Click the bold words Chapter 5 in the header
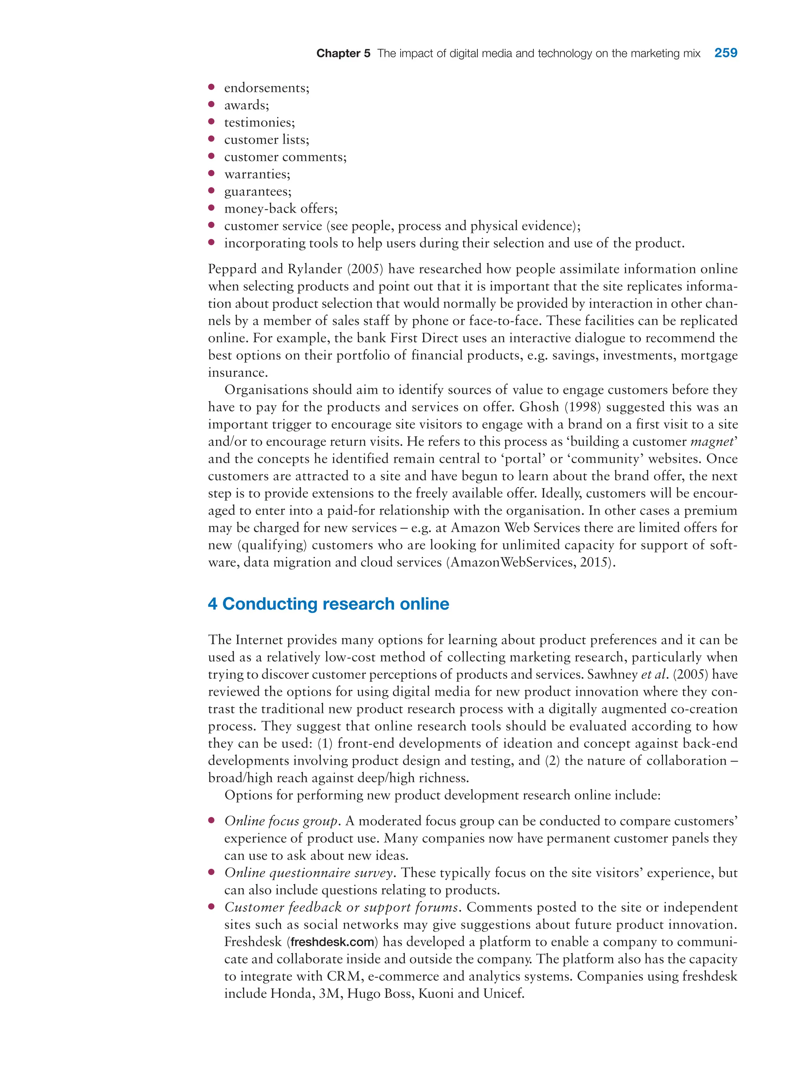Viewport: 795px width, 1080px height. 343,54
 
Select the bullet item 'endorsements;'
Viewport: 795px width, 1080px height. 267,88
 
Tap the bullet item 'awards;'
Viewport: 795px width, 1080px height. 246,105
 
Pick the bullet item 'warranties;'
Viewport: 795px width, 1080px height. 257,174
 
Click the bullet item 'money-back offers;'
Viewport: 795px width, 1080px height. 281,209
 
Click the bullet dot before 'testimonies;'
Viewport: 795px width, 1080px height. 211,122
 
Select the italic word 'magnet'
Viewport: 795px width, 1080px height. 710,442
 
